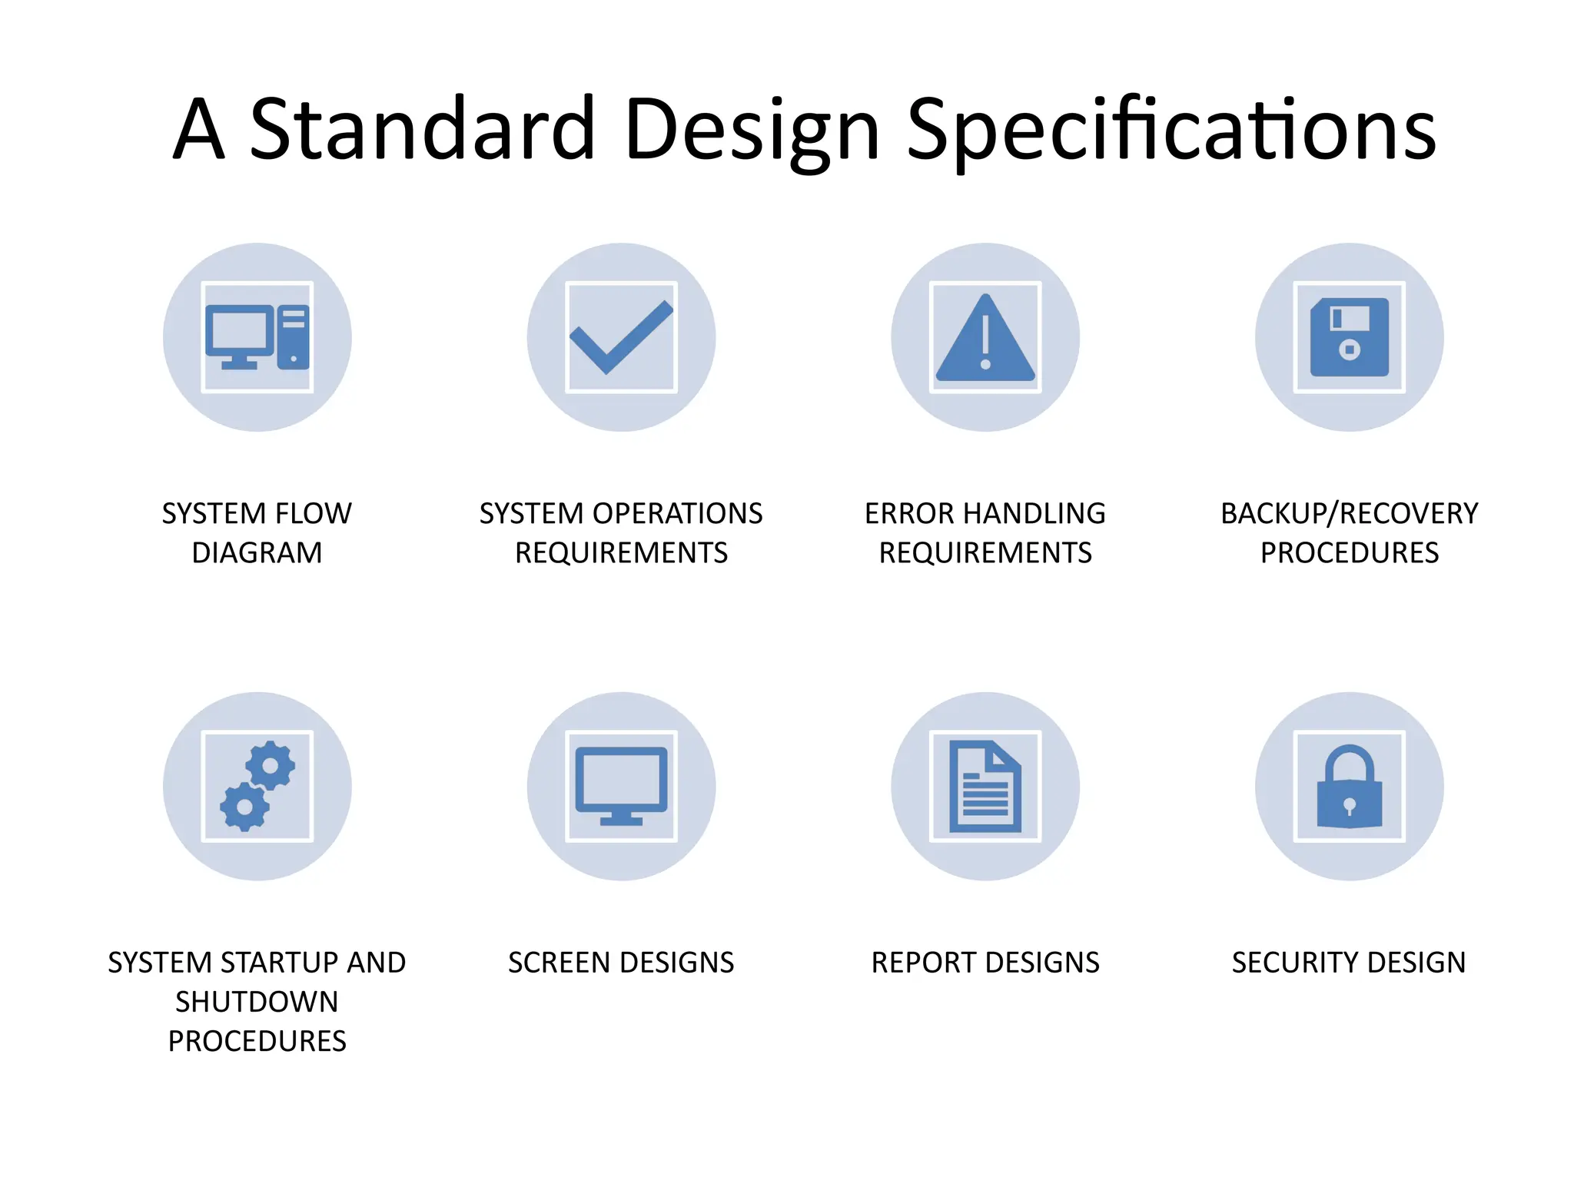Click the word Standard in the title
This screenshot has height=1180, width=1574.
click(423, 129)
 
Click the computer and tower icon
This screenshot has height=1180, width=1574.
click(257, 337)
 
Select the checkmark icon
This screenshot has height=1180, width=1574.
click(621, 337)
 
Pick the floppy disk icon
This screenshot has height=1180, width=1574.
click(1350, 337)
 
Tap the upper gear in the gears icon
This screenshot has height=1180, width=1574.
click(270, 765)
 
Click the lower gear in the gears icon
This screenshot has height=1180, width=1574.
click(244, 807)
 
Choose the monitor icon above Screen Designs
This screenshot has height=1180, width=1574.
click(621, 785)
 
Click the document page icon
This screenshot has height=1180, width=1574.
click(985, 786)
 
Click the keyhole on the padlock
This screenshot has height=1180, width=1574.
click(1350, 806)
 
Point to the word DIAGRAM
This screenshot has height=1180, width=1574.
click(257, 553)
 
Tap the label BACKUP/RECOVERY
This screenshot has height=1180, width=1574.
click(1350, 514)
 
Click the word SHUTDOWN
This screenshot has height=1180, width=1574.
click(257, 1003)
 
